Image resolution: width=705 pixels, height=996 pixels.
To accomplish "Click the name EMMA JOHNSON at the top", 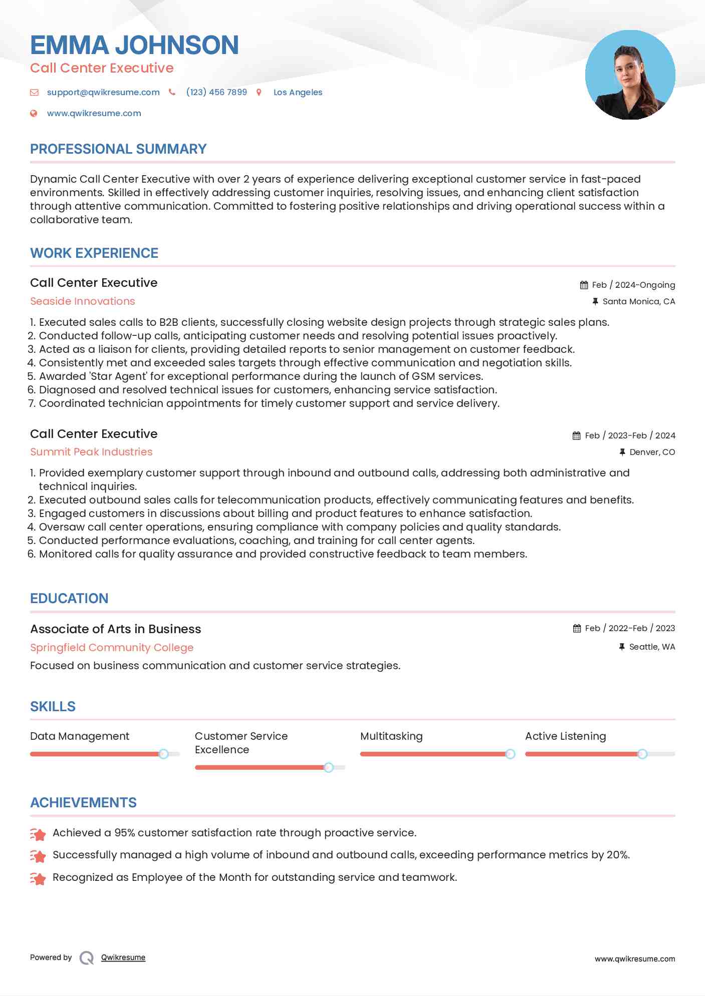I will pos(134,45).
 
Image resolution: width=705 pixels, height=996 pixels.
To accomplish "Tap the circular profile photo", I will pos(630,75).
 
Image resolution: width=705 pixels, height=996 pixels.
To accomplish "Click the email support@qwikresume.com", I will pos(103,92).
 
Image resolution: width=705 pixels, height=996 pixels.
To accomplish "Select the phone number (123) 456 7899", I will pos(216,92).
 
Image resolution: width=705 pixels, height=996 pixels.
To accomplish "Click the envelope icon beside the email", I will pos(34,92).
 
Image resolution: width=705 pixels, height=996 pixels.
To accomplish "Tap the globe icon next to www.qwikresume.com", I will pos(34,113).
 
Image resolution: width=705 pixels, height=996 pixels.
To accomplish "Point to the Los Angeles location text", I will pos(298,92).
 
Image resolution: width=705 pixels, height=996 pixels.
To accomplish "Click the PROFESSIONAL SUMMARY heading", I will pos(118,149).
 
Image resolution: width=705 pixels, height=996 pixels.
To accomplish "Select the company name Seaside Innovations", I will pos(83,301).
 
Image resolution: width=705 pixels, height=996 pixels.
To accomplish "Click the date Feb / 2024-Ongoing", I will pos(633,285).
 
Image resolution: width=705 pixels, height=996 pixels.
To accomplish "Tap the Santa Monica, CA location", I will pos(639,301).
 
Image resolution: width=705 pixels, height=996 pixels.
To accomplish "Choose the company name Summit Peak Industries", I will pos(91,452).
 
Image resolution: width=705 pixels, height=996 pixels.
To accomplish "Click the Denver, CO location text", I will pos(652,452).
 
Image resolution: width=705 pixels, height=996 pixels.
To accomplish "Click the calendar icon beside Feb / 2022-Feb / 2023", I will pos(577,628).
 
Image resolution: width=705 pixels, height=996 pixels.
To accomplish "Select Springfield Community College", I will pos(112,648).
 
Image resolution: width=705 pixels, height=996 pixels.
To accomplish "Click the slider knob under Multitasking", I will pos(510,754).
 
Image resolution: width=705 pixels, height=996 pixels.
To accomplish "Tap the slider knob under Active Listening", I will pos(642,754).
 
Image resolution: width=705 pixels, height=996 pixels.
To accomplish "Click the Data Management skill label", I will pos(80,736).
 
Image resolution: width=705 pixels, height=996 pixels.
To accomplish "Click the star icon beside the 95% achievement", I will pos(38,834).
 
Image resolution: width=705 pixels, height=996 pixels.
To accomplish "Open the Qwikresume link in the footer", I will pos(123,957).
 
